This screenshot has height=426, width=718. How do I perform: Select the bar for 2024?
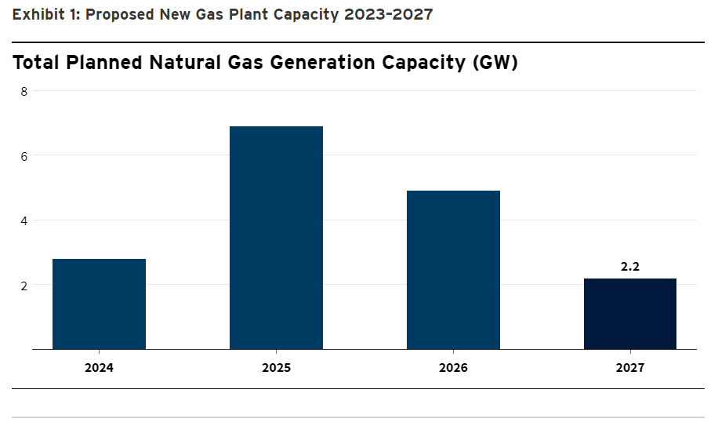click(100, 304)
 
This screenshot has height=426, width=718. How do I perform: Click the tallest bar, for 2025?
click(276, 238)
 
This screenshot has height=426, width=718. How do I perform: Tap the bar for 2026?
click(453, 270)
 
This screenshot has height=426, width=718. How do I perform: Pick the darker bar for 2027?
click(630, 314)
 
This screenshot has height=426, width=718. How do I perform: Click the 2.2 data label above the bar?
click(630, 267)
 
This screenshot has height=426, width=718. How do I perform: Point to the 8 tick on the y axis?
click(24, 91)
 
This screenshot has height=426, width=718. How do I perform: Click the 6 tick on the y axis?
click(24, 156)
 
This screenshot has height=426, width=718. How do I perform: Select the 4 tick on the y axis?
click(24, 220)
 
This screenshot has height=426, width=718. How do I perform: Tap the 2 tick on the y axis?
click(24, 286)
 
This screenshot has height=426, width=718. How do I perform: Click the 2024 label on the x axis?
click(100, 367)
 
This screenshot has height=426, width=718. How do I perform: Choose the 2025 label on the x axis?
click(276, 367)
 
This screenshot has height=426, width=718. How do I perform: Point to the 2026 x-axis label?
click(453, 367)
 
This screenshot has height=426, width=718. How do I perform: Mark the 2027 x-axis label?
click(630, 367)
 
